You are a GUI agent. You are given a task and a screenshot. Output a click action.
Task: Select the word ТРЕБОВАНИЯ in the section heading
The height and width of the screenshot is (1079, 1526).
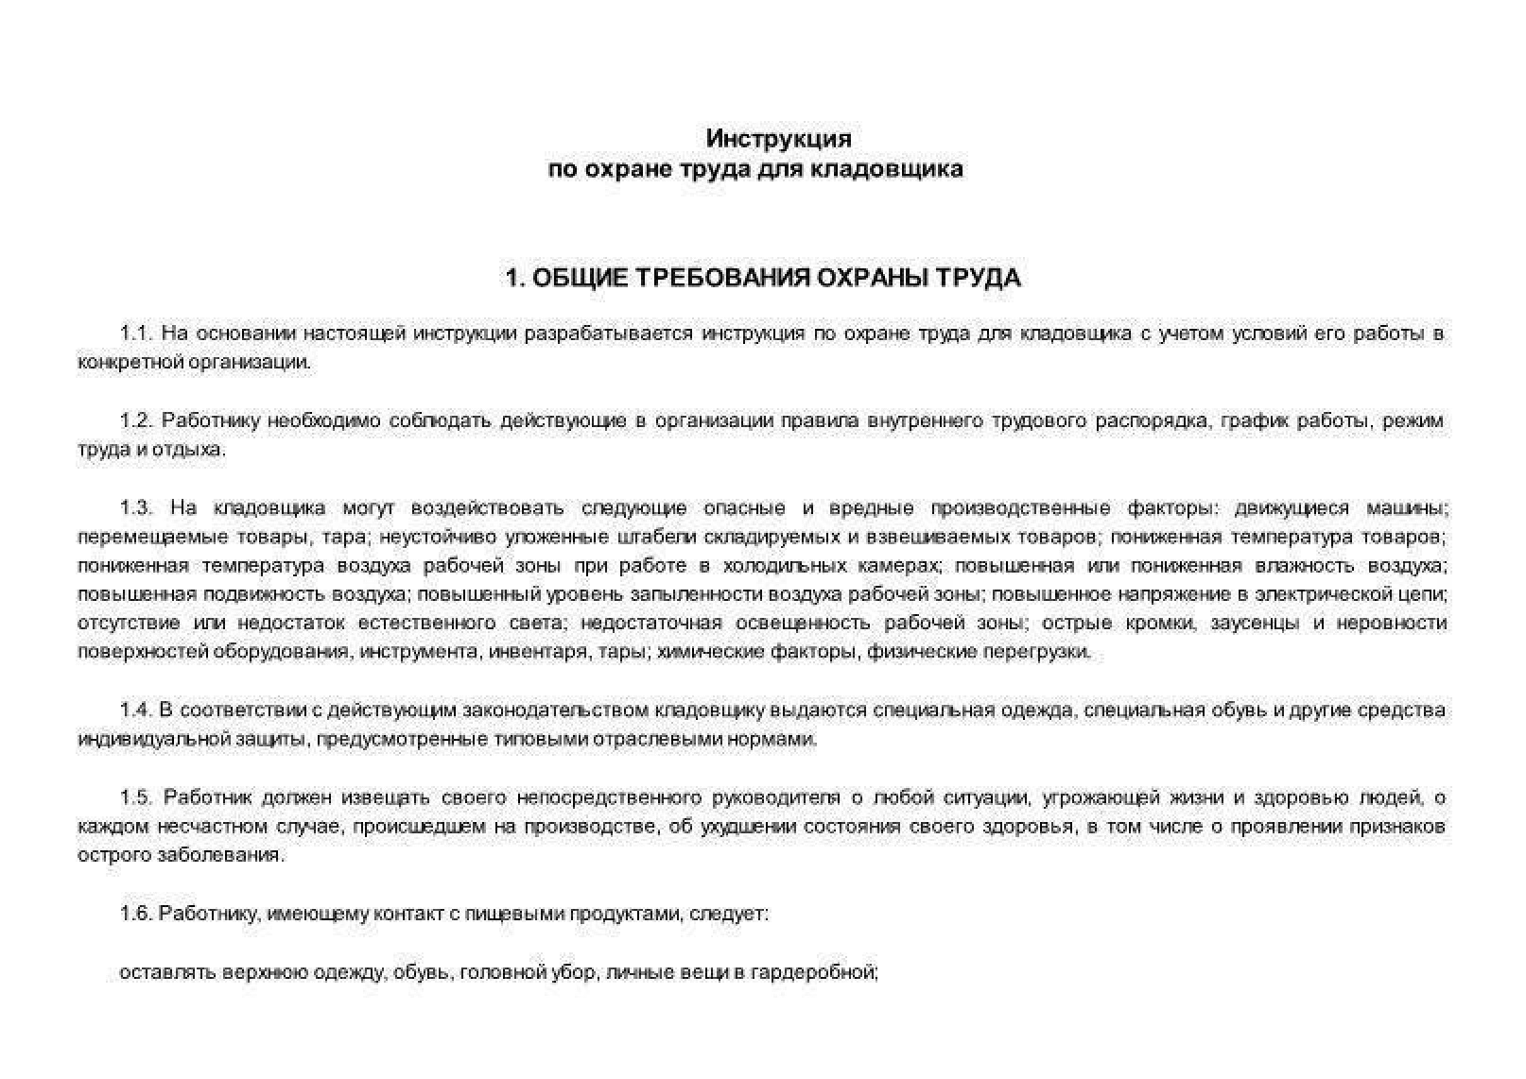click(720, 278)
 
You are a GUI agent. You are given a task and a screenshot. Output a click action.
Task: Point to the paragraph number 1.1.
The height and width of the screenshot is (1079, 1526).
click(136, 334)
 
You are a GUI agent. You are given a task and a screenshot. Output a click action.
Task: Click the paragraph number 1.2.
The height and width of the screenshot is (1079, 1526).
click(136, 420)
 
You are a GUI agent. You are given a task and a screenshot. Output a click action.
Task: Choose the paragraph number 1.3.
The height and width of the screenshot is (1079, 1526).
click(136, 508)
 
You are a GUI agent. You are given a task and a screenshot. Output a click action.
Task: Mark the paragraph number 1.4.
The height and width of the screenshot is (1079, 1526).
click(136, 711)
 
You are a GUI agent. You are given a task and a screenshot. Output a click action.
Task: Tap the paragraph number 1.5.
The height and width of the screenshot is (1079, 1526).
click(136, 797)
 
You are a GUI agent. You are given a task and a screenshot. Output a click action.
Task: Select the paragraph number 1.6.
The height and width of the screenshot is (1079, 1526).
click(136, 914)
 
